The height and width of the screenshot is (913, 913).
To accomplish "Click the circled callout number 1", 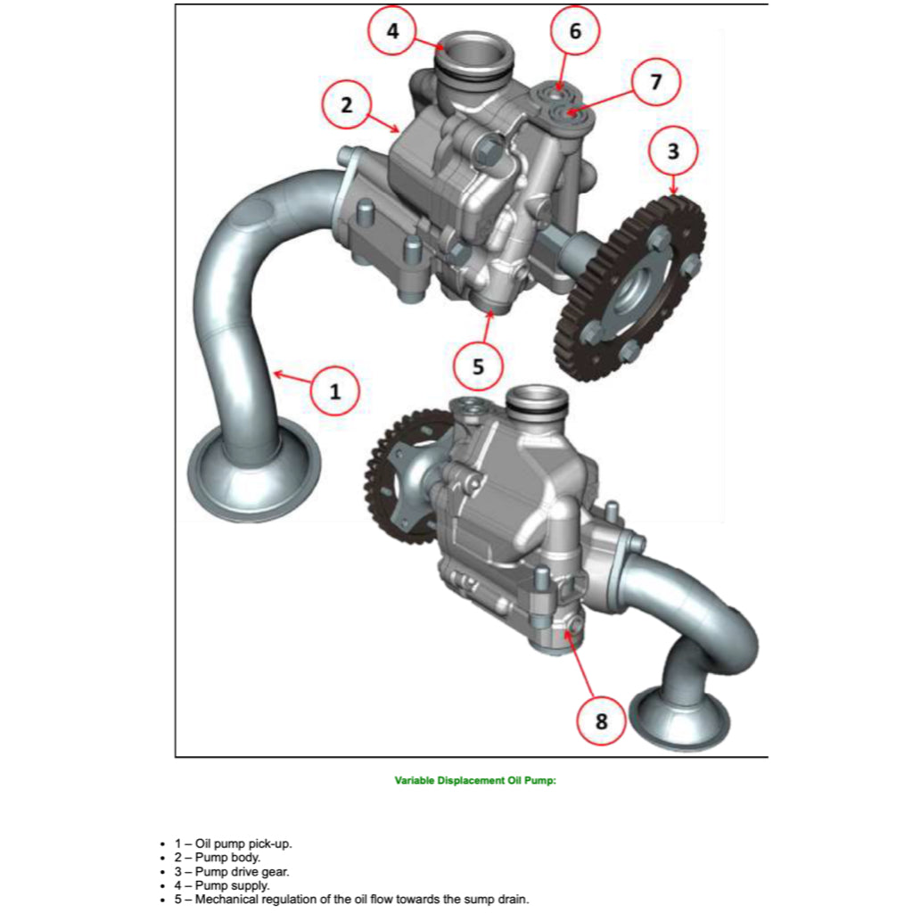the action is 335,391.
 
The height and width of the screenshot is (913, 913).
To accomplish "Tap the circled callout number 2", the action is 347,105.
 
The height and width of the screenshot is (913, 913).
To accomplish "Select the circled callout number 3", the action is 673,151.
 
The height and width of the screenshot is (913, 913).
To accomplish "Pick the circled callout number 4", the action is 393,31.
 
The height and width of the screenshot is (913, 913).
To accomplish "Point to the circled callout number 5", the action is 478,366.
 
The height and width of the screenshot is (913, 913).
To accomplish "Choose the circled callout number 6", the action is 575,31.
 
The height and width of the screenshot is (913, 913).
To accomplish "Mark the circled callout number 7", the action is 656,81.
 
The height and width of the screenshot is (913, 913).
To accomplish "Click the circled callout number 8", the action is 601,720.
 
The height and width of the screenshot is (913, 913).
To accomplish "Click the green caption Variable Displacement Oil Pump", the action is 475,781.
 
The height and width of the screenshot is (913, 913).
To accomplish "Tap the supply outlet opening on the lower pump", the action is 536,399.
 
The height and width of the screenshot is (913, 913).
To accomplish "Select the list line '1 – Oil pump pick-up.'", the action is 234,843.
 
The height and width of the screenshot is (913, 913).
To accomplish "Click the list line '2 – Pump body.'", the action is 218,858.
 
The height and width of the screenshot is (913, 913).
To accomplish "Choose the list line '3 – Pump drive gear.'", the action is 232,872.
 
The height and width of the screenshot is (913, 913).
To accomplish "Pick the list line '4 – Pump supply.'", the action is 222,885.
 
